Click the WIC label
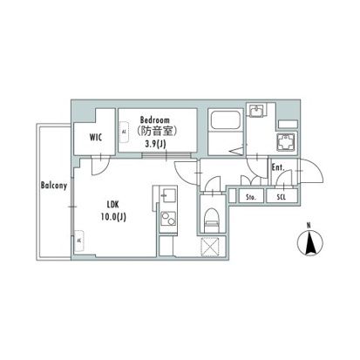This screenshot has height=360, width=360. [x=94, y=136]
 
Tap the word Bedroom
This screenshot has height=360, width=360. [x=154, y=120]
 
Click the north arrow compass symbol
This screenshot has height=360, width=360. [x=309, y=242]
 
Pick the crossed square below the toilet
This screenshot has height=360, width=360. [x=209, y=247]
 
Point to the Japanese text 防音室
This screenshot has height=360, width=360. [x=154, y=132]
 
